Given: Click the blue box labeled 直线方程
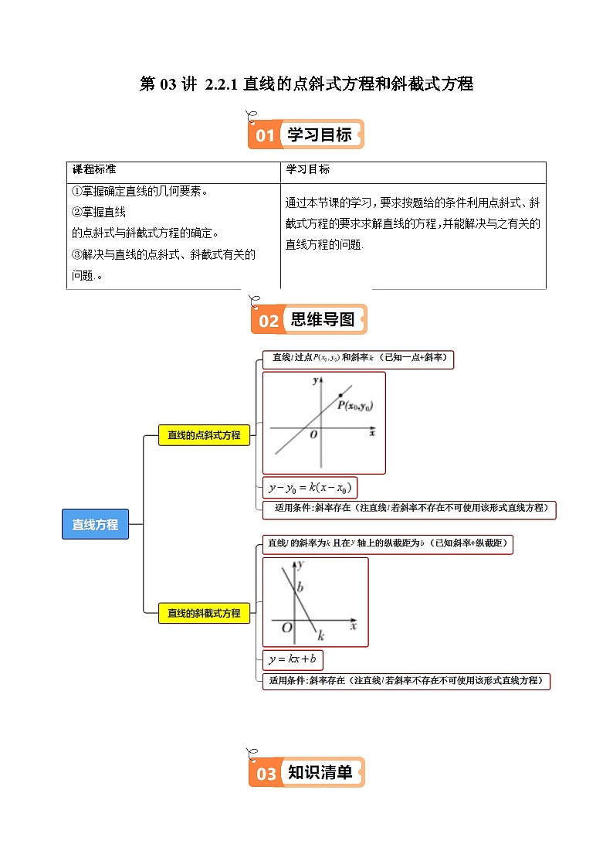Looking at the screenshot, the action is (95, 524).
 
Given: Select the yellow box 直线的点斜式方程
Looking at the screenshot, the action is (204, 435).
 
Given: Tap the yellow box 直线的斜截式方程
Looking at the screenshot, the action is (204, 613).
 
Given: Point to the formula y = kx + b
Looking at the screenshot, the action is (293, 659).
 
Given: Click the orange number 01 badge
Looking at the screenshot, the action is (265, 136).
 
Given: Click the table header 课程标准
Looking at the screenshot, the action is (93, 169).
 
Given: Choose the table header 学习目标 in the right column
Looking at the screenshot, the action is (308, 169).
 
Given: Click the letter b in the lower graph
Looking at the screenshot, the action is (300, 588).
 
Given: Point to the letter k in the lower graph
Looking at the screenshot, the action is (320, 635).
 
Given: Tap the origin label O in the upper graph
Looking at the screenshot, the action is (313, 434).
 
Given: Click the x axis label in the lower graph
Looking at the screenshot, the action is (354, 627).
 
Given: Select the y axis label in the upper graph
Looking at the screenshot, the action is (315, 381).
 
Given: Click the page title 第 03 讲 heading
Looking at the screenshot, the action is (306, 84).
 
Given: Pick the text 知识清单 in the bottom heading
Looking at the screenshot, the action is (320, 772).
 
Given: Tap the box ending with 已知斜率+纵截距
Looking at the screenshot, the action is (388, 544).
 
